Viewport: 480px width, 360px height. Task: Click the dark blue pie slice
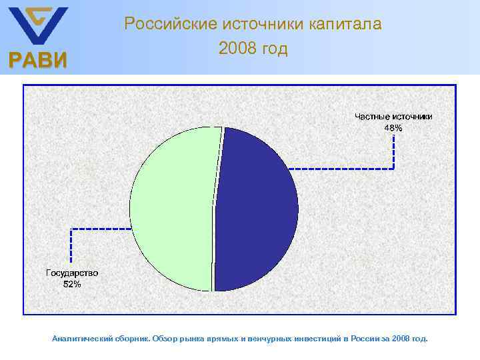coord(257,210)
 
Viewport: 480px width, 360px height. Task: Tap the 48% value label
coord(393,128)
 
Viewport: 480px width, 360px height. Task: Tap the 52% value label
coord(72,285)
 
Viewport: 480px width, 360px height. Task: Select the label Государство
coord(72,273)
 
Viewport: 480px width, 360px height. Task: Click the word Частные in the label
coord(371,117)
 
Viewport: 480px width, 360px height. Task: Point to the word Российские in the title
coord(163,25)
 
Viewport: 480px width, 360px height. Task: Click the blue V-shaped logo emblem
coord(37,25)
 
